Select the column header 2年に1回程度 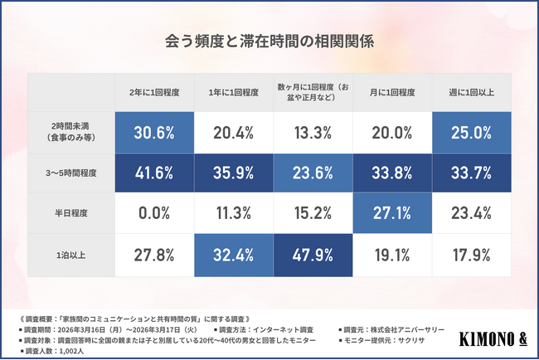pyautogui.click(x=153, y=92)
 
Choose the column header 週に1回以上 pyautogui.click(x=471, y=92)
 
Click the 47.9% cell pyautogui.click(x=312, y=253)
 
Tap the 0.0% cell pyautogui.click(x=153, y=213)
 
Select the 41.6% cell pyautogui.click(x=153, y=173)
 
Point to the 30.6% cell pyautogui.click(x=153, y=133)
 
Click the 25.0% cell pyautogui.click(x=471, y=133)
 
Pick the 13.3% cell pyautogui.click(x=312, y=133)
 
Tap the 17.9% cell pyautogui.click(x=471, y=253)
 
